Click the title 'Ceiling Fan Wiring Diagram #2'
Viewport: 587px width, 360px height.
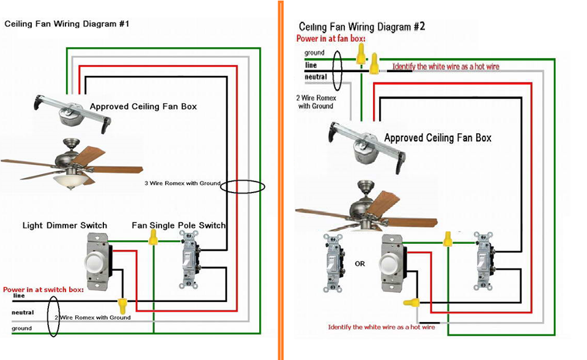tap(361, 27)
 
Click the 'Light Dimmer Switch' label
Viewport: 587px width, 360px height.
tap(65, 226)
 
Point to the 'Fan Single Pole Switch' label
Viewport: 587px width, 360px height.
tap(179, 226)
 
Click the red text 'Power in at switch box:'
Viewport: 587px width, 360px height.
tap(43, 289)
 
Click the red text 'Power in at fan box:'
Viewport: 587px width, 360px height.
tap(331, 39)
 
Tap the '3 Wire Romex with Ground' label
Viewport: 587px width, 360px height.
tap(182, 183)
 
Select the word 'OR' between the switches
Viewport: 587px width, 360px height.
tap(360, 264)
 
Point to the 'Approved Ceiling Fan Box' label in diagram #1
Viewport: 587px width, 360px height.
tap(143, 106)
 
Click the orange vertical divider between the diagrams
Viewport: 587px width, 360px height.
tap(280, 180)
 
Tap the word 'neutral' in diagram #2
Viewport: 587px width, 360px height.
tap(316, 77)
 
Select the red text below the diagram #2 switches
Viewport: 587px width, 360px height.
tap(381, 328)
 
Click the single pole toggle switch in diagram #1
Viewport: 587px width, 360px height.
tap(188, 260)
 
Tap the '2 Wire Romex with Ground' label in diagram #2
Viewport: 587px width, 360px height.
tap(316, 101)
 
